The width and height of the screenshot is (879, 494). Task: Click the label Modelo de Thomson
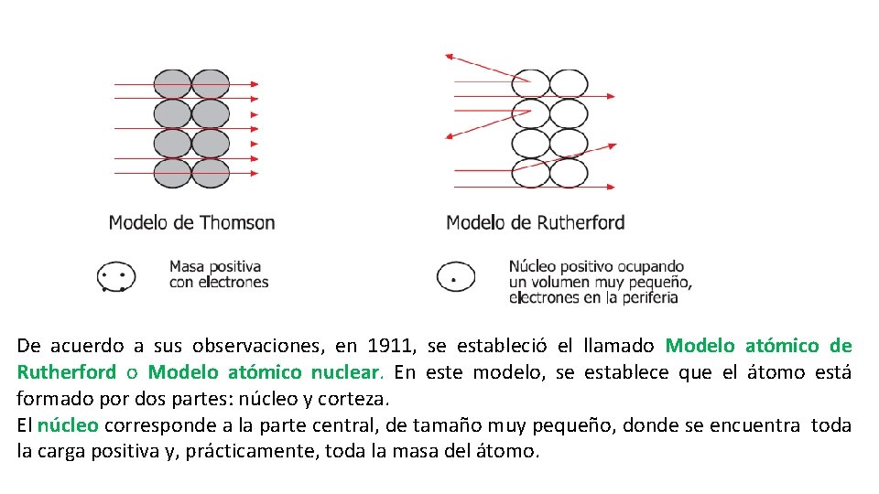[x=191, y=222]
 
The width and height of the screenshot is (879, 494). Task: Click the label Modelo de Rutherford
[x=535, y=222]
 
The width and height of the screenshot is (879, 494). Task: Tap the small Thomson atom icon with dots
[x=116, y=276]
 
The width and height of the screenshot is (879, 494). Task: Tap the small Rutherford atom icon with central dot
[x=455, y=275]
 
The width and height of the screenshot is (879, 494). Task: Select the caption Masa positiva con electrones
[x=218, y=274]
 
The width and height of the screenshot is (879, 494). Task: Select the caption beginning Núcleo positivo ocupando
[x=600, y=281]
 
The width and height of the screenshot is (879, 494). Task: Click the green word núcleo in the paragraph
[x=69, y=425]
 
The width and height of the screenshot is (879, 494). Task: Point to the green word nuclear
[x=345, y=372]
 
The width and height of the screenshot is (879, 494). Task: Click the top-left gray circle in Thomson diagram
[x=172, y=84]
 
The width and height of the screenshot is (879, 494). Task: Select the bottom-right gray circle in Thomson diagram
[x=212, y=173]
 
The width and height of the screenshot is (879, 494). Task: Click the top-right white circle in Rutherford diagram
[x=569, y=84]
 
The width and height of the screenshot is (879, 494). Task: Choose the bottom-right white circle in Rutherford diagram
[x=569, y=172]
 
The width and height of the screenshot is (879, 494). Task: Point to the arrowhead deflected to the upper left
[x=449, y=57]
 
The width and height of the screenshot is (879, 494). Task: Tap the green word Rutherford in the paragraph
[x=66, y=372]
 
